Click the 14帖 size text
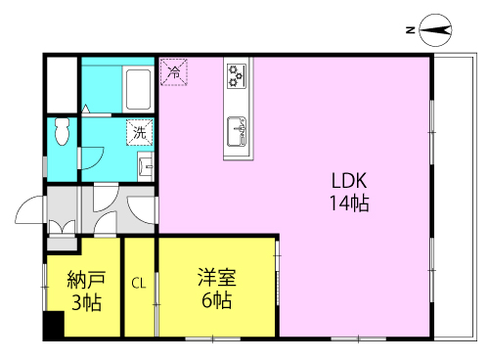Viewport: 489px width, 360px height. coord(347,204)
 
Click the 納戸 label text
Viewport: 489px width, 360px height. coord(85,279)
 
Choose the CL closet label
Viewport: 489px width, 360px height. coord(139,284)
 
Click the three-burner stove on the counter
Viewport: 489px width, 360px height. coord(238,74)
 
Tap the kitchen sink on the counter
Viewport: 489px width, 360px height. coord(238,128)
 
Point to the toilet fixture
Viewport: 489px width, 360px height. coord(63,130)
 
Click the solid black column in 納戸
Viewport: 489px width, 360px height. coord(52,326)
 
